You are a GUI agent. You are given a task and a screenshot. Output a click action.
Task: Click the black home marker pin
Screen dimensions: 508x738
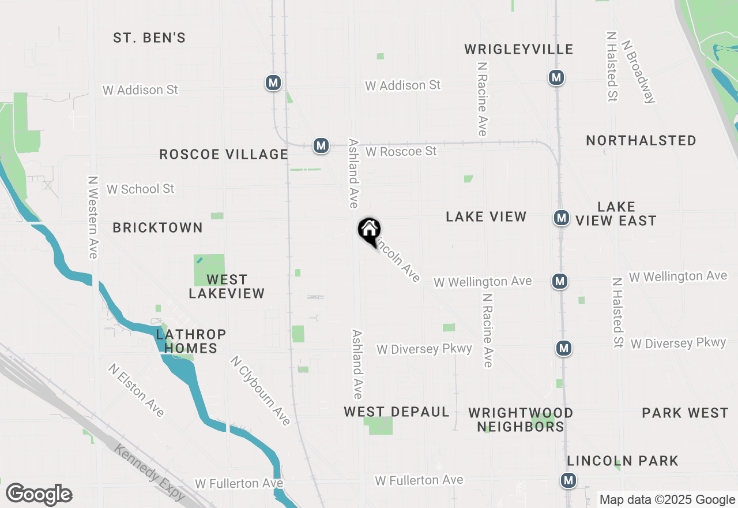[x=370, y=231]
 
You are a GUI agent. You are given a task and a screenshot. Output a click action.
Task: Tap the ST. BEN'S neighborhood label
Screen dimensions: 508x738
[x=149, y=38]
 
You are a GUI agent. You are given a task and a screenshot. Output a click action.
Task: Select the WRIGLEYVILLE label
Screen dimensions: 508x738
[x=518, y=49]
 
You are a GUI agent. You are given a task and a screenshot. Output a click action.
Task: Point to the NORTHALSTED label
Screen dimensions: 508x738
[x=641, y=140]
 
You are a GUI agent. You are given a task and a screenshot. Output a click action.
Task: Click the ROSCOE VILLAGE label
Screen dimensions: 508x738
[x=224, y=154]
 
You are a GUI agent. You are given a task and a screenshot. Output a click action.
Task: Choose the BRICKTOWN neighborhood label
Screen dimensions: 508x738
[x=157, y=227]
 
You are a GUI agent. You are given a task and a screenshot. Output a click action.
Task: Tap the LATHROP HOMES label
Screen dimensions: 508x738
[x=190, y=341]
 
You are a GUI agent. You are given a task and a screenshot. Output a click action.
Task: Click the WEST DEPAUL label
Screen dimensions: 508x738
[x=397, y=412]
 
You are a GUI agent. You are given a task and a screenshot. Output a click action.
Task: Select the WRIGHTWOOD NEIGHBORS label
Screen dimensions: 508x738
[x=521, y=420]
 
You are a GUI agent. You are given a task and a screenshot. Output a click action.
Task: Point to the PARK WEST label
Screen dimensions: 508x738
[x=685, y=413]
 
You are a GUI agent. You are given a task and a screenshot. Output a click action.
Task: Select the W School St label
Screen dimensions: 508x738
[x=140, y=189]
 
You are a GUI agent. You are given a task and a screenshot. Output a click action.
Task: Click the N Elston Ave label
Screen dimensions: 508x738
[x=137, y=390]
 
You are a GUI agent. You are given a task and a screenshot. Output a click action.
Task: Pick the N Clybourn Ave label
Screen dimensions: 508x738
[x=260, y=391]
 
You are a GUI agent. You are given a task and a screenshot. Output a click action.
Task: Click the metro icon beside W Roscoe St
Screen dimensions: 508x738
[x=321, y=145]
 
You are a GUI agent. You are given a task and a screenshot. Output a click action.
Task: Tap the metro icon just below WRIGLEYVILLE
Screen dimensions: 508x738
[x=556, y=77]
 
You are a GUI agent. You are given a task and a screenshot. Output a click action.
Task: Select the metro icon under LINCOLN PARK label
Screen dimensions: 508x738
[x=568, y=480]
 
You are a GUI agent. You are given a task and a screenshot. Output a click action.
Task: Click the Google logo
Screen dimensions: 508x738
[x=39, y=495]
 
